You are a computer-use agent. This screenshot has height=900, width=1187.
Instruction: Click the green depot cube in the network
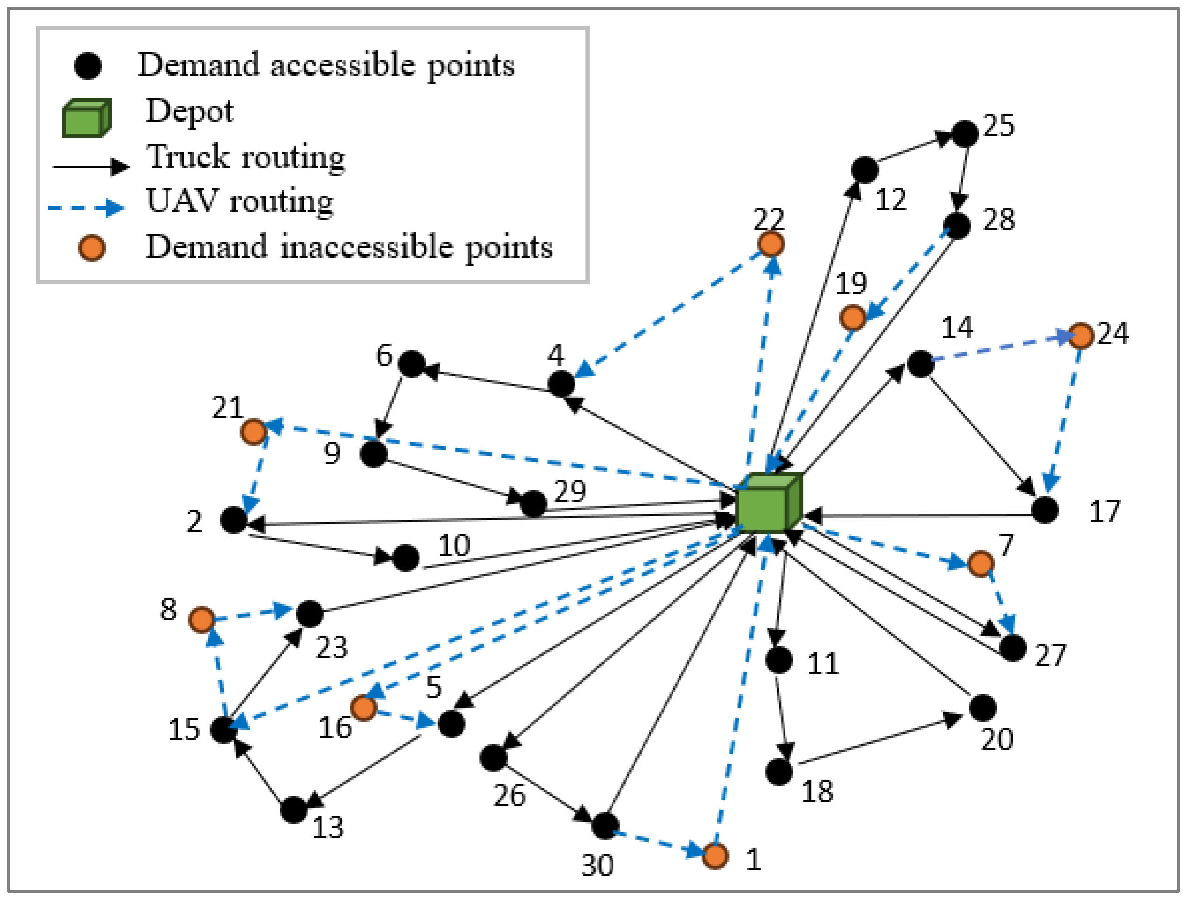(x=769, y=502)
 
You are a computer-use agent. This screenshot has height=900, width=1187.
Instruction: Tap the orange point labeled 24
(x=1081, y=336)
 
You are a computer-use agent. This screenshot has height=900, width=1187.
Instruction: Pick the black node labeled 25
(x=965, y=134)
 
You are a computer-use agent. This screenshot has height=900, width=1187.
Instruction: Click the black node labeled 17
(x=1045, y=509)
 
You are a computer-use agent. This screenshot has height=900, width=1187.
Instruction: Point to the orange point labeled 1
(x=715, y=855)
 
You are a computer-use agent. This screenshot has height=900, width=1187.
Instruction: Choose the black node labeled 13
(x=293, y=809)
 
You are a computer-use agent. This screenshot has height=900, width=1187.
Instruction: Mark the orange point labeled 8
(x=202, y=620)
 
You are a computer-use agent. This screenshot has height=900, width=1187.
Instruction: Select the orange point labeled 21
(x=253, y=432)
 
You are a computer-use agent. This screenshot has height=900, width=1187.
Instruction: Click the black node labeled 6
(x=411, y=363)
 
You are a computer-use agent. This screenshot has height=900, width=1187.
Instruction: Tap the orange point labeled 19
(x=852, y=318)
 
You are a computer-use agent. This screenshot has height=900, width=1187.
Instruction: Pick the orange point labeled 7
(x=981, y=563)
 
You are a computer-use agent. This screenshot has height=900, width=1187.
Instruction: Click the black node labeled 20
(x=983, y=707)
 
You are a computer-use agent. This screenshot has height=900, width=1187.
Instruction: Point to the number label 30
(x=597, y=865)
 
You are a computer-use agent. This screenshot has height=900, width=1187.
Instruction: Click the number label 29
(x=570, y=491)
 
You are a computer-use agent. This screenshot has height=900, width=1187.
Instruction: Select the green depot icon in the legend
(x=86, y=118)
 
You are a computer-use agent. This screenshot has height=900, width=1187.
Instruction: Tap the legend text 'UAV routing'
(x=239, y=201)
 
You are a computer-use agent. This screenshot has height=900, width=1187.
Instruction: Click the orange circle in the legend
(x=92, y=248)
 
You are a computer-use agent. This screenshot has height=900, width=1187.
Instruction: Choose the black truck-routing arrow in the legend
(x=91, y=166)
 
